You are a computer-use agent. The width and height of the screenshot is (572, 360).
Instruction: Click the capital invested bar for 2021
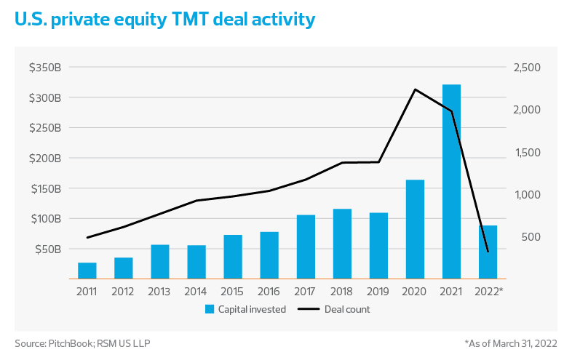click(451, 181)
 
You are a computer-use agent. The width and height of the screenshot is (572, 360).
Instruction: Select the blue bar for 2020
click(415, 229)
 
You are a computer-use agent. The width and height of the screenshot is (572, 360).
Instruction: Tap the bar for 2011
click(87, 271)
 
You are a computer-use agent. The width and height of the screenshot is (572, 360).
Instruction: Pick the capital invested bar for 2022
click(488, 252)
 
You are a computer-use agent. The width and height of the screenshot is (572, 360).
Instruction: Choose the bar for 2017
click(306, 247)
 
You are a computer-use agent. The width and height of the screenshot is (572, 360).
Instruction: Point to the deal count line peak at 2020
click(415, 89)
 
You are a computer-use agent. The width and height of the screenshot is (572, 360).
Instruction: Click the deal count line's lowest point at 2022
click(488, 252)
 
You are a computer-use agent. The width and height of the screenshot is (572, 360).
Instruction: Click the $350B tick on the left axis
click(49, 68)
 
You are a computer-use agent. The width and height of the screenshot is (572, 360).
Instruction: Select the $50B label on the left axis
click(51, 249)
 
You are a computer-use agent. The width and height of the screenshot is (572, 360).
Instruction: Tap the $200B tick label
click(49, 158)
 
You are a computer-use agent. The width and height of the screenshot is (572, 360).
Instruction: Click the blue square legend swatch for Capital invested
click(209, 309)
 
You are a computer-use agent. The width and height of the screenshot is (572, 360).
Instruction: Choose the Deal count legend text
click(348, 309)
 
